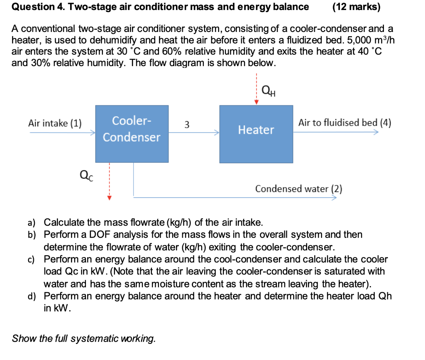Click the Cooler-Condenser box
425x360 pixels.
pyautogui.click(x=132, y=134)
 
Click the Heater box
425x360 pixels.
pyautogui.click(x=256, y=134)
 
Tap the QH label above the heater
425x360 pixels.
pyautogui.click(x=269, y=91)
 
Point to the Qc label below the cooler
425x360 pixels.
pyautogui.click(x=86, y=175)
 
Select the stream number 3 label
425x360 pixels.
pyautogui.click(x=187, y=125)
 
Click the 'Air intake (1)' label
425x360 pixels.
pyautogui.click(x=55, y=123)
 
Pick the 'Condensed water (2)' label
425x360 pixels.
pyautogui.click(x=299, y=189)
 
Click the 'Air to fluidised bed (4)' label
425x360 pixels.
pyautogui.click(x=345, y=123)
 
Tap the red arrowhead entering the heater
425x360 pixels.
pyautogui.click(x=256, y=102)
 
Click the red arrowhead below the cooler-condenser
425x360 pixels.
pyautogui.click(x=109, y=198)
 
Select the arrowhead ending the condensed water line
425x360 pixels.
pyautogui.click(x=335, y=197)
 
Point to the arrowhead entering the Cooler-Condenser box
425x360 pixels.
pyautogui.click(x=93, y=132)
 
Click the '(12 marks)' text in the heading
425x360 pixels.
pyautogui.click(x=357, y=7)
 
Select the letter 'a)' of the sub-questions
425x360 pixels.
pyautogui.click(x=32, y=223)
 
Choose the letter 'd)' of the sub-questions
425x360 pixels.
pyautogui.click(x=32, y=296)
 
